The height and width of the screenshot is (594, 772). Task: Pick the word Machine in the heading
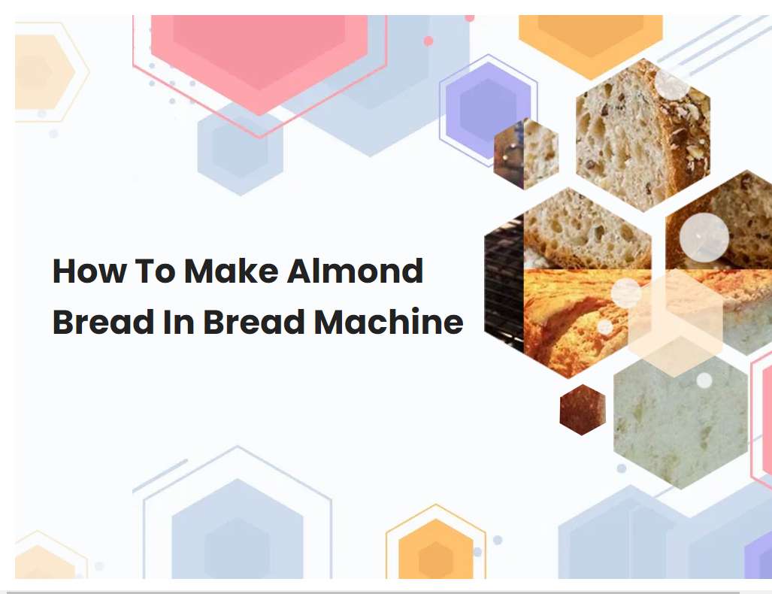click(388, 323)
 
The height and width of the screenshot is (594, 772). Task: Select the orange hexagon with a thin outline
click(435, 549)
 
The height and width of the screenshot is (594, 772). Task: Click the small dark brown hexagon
click(583, 410)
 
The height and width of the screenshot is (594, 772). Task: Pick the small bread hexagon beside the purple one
click(528, 154)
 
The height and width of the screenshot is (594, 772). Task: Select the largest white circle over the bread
click(704, 238)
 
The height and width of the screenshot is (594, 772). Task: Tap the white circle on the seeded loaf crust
click(671, 84)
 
